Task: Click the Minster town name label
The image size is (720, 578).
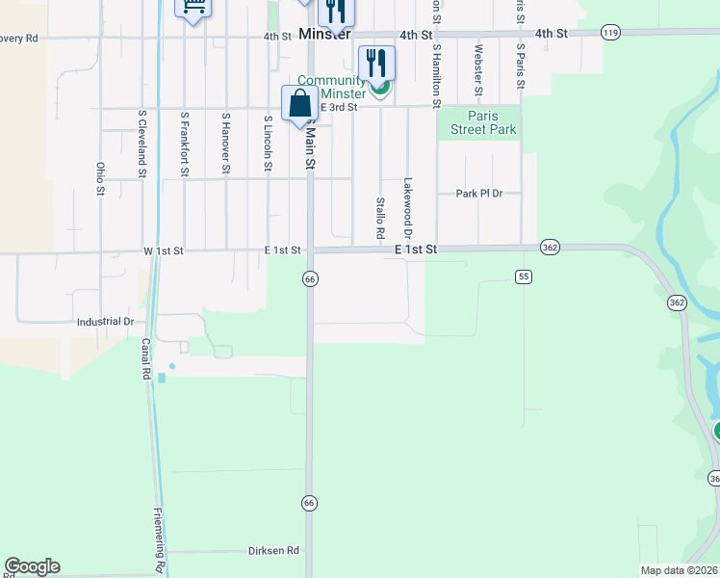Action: (323, 34)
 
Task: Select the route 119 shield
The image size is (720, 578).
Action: (610, 33)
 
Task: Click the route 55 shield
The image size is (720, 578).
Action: (524, 276)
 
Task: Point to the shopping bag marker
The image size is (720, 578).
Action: (299, 104)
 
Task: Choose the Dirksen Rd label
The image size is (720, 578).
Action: (273, 550)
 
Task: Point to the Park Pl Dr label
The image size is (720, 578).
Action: (479, 194)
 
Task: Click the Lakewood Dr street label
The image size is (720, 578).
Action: (407, 207)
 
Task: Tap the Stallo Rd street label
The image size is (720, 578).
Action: (380, 219)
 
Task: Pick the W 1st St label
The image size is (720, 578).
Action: (163, 251)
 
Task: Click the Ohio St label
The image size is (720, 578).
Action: (100, 178)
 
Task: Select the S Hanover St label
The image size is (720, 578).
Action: (225, 142)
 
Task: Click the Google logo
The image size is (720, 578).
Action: (32, 566)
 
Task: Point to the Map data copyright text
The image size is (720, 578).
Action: (679, 570)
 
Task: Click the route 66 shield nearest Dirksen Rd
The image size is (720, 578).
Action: (309, 503)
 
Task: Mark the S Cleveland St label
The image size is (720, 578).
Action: (141, 144)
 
